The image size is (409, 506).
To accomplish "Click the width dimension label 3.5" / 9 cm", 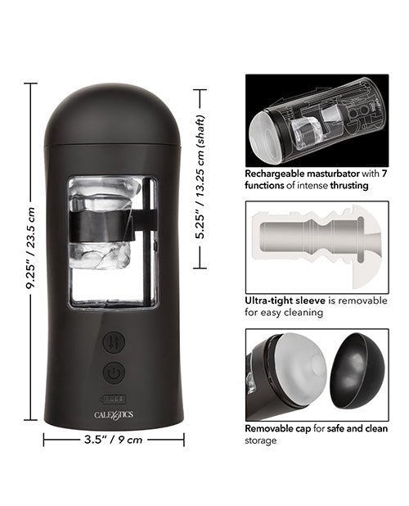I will [x=114, y=440].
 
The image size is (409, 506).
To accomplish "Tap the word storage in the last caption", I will [x=263, y=440].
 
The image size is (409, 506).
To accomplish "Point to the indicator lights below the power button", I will [x=114, y=399].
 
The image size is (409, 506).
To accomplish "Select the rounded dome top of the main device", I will [x=114, y=115].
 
